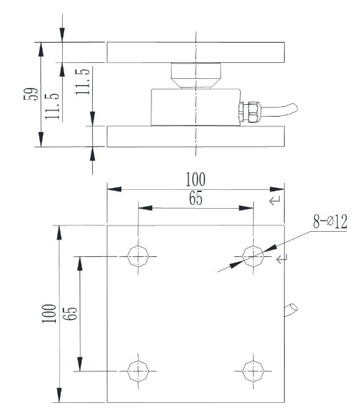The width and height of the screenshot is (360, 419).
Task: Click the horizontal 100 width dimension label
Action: [196, 179]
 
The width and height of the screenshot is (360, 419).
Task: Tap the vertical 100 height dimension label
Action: [49, 314]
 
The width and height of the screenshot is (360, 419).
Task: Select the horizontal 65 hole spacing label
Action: [196, 198]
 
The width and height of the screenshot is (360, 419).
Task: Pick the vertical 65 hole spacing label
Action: [70, 314]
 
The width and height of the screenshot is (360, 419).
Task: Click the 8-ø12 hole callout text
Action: [330, 221]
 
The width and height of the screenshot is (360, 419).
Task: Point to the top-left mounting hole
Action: [138, 256]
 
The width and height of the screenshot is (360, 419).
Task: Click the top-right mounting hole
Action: [253, 256]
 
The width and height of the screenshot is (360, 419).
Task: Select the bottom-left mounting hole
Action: [138, 372]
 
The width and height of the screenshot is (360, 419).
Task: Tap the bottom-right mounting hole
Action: [253, 372]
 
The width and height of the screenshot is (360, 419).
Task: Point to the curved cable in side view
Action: [279, 110]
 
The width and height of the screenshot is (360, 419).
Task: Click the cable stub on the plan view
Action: [291, 310]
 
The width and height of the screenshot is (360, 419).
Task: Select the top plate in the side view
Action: [196, 52]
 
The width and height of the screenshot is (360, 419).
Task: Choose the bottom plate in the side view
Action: [196, 136]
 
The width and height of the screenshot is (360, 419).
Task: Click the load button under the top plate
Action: [196, 75]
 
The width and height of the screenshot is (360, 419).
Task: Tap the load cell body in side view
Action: [196, 107]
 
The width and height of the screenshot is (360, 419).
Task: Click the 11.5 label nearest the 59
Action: [52, 106]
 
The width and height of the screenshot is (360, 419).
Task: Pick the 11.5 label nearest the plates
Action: [82, 82]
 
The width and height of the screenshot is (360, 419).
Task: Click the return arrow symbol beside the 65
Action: [275, 200]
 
